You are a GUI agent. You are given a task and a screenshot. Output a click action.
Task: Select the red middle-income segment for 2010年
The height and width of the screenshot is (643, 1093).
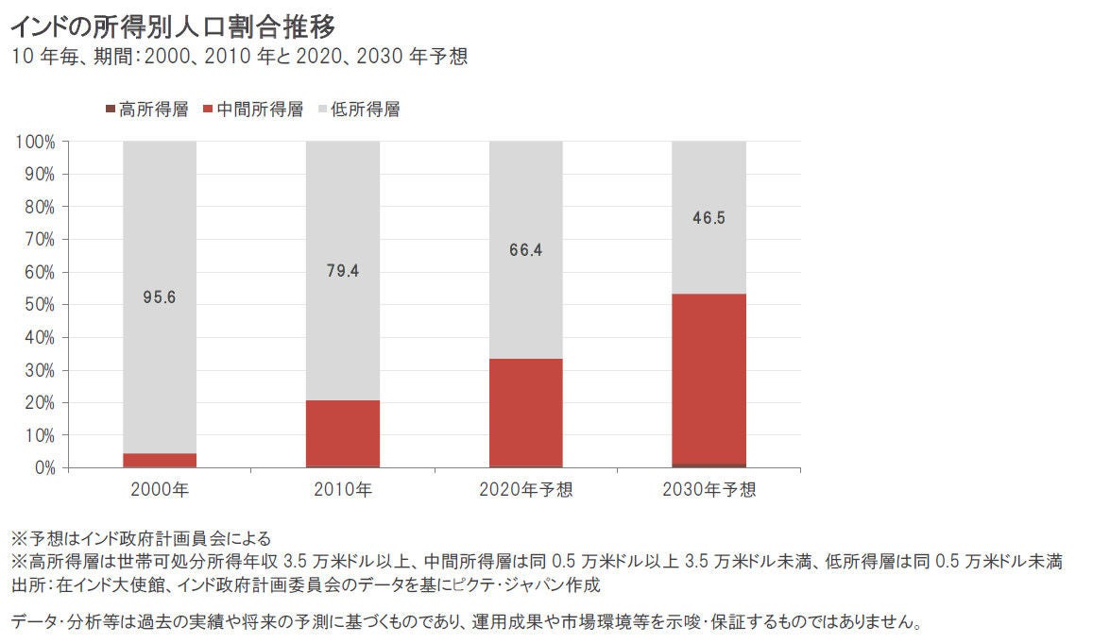tap(343, 433)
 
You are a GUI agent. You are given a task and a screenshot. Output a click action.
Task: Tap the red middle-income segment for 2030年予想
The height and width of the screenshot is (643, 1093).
tap(709, 379)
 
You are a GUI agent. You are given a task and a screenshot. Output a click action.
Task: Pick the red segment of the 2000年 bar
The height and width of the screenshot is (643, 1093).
tap(160, 460)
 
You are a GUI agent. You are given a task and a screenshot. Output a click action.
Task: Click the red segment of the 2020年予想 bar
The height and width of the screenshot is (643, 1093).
tap(525, 413)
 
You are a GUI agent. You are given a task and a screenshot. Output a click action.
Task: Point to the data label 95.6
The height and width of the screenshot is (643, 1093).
tap(160, 297)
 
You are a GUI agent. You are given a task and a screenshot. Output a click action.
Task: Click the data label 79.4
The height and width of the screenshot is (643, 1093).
tap(343, 271)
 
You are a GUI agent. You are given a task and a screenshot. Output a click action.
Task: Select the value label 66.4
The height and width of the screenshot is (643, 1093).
tap(525, 250)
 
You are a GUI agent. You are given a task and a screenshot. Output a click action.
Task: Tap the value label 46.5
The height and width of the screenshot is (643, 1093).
tap(709, 217)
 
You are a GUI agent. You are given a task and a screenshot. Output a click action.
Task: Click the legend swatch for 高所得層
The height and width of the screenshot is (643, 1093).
tap(110, 110)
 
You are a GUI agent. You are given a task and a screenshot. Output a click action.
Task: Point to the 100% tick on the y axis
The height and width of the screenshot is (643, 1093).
tap(36, 142)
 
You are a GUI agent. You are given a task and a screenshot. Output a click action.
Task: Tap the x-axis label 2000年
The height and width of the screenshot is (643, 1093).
tap(160, 490)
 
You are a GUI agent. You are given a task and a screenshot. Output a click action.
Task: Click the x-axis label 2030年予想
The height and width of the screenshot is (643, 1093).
tap(709, 490)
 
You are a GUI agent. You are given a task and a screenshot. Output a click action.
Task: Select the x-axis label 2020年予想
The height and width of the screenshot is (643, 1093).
tap(525, 490)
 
